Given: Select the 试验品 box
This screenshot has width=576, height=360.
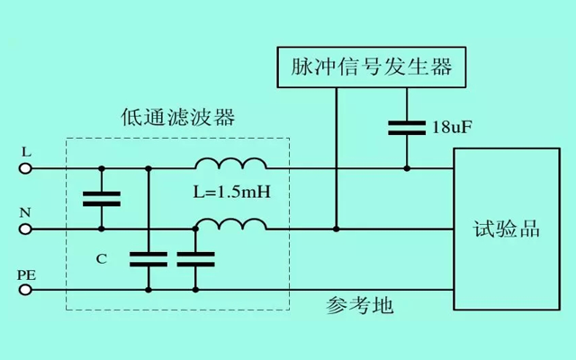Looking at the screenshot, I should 506,229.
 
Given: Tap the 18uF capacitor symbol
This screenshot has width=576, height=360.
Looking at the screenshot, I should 407,126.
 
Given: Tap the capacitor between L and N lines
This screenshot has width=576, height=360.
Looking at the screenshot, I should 101,199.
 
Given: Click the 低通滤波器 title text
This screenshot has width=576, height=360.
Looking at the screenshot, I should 177,118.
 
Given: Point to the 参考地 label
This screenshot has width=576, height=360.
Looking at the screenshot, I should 359,305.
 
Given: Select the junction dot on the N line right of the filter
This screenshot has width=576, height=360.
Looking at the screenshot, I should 336,229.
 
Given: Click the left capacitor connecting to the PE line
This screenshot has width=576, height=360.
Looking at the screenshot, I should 148,259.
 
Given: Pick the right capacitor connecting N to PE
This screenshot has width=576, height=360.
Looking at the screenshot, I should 195,259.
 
